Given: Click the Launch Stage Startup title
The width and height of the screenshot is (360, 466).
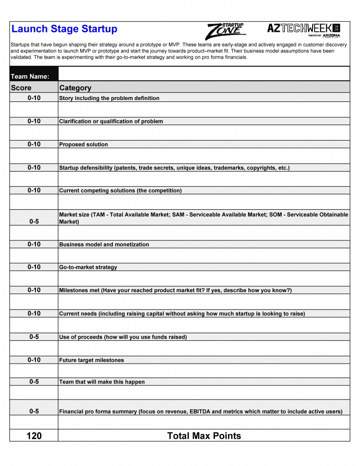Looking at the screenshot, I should point(64,29).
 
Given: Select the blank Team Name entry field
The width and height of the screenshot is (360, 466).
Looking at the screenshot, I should point(204,74).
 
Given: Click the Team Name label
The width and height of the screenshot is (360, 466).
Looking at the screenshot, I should point(30,76).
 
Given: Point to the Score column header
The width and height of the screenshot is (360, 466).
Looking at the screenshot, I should point(21,88).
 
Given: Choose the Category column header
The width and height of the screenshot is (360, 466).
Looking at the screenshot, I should point(75,88).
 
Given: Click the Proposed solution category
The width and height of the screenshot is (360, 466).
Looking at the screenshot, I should point(84,145).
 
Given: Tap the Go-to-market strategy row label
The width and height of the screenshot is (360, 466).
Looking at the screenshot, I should point(88,268).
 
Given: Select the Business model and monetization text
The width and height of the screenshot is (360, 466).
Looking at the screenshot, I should point(104,244).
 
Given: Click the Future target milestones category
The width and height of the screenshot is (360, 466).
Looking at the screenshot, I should point(91,360).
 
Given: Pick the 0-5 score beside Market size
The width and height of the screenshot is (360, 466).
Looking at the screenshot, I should point(34,222).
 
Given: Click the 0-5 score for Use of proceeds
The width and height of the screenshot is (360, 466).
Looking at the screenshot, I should point(34,337).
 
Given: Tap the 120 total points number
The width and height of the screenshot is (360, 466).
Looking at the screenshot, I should point(34,436).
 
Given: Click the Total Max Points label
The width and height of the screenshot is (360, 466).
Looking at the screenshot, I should point(204,436).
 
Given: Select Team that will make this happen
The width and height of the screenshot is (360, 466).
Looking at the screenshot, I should point(102,382).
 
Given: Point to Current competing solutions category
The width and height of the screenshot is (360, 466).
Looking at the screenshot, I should point(120,191).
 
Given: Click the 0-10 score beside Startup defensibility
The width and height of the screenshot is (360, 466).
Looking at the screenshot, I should point(34,167).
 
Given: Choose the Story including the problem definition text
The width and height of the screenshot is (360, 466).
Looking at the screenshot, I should point(109,98).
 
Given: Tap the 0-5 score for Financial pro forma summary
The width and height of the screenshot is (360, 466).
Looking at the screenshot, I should point(34,411).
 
